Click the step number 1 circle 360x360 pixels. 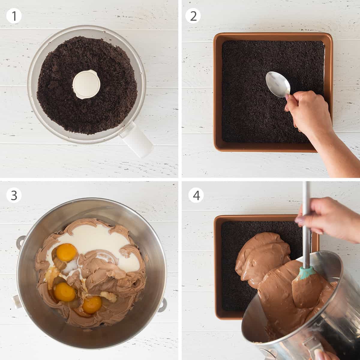14,16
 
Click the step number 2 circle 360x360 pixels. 193,16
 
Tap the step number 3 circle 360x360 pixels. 14,195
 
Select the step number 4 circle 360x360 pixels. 196,195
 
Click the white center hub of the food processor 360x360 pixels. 86,84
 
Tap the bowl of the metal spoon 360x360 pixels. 278,84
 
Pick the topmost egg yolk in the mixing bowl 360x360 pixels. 66,252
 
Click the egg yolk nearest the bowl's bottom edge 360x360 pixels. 92,305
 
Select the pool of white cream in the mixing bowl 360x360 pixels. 97,243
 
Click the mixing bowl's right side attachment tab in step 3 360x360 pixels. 162,304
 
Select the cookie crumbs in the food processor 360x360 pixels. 87,85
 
